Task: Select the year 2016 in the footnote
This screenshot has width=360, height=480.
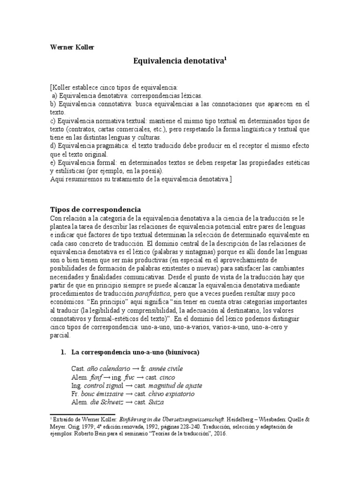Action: pos(218,434)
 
